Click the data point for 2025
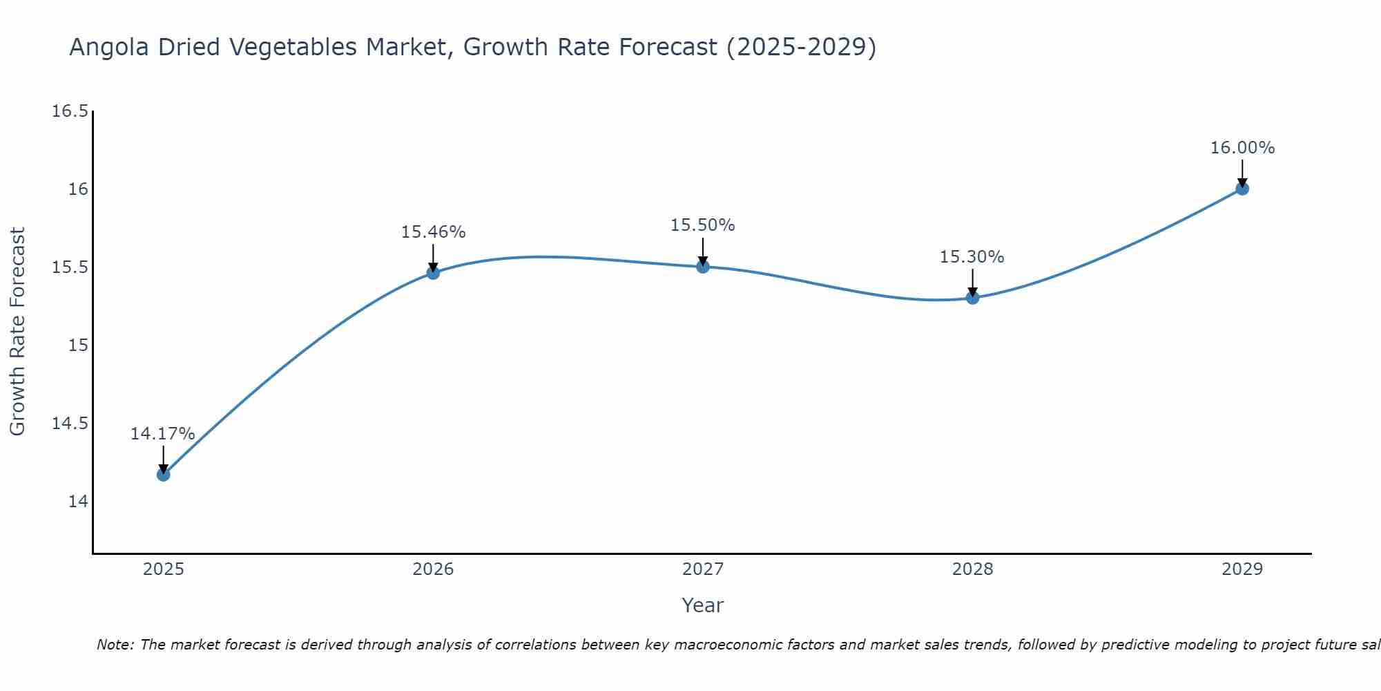coord(163,474)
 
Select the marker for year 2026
coord(433,273)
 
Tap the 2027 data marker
coord(703,267)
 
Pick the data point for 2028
coord(972,298)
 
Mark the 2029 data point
coord(1242,189)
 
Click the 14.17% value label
coord(162,434)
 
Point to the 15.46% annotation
coord(433,232)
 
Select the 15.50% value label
coord(702,225)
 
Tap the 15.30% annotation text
coord(972,257)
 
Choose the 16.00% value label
coord(1242,148)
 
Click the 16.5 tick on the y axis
coord(70,111)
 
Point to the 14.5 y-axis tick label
coord(70,423)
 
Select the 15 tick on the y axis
coord(78,345)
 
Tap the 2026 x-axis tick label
coord(433,569)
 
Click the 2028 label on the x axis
coord(972,569)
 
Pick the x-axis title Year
coord(702,605)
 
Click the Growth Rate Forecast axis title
coord(18,332)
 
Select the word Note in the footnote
coord(115,645)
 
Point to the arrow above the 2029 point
coord(1242,173)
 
